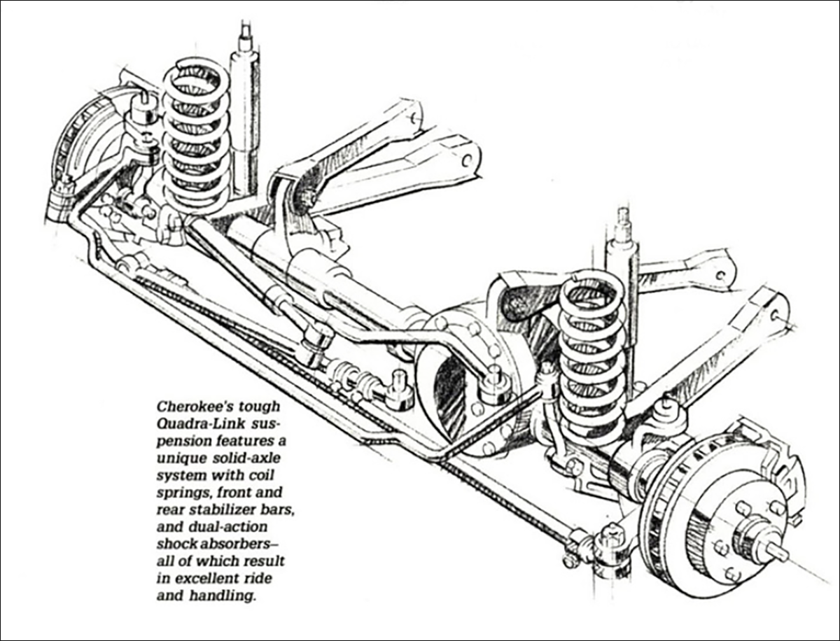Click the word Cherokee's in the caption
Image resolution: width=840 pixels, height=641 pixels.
(x=186, y=405)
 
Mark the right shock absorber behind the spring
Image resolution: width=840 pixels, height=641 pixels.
(x=622, y=280)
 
